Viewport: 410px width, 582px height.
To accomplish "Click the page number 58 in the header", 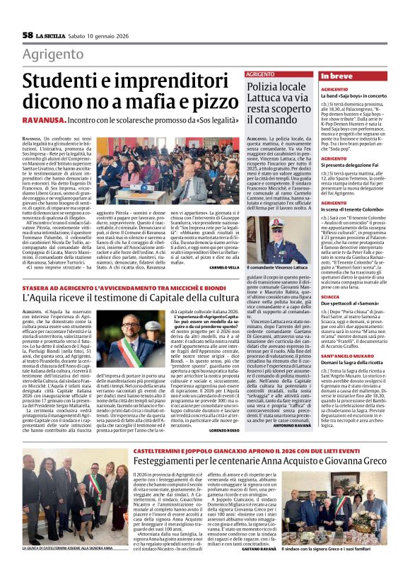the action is [x=28, y=35].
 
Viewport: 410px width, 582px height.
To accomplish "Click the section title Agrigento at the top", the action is [x=53, y=54].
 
